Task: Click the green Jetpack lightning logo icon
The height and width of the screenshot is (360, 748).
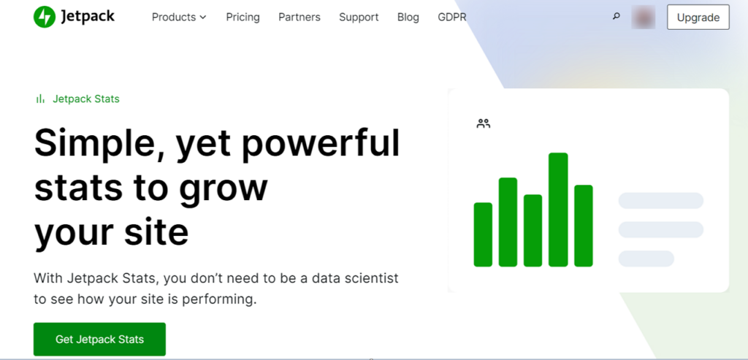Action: tap(45, 17)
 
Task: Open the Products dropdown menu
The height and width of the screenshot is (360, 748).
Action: tap(179, 18)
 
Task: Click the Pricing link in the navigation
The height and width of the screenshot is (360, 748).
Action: tap(243, 18)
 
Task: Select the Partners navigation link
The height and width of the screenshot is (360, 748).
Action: tap(299, 18)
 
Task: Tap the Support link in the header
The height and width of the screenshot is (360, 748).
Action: tap(359, 18)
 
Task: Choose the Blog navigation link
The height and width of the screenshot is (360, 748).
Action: tap(408, 18)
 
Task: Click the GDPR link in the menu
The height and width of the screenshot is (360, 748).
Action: tap(451, 18)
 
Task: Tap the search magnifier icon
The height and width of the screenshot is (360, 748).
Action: tap(616, 17)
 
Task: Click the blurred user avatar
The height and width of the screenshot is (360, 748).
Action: tap(643, 18)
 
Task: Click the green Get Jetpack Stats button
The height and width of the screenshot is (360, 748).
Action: tap(99, 339)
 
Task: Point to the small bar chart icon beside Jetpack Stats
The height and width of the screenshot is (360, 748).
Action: tap(41, 99)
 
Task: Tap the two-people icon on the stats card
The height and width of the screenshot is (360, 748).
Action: tap(484, 123)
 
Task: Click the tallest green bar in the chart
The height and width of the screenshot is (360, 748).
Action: tap(558, 210)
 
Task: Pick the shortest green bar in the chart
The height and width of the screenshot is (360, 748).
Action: tap(483, 234)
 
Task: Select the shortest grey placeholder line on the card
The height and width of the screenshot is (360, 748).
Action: tap(646, 258)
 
